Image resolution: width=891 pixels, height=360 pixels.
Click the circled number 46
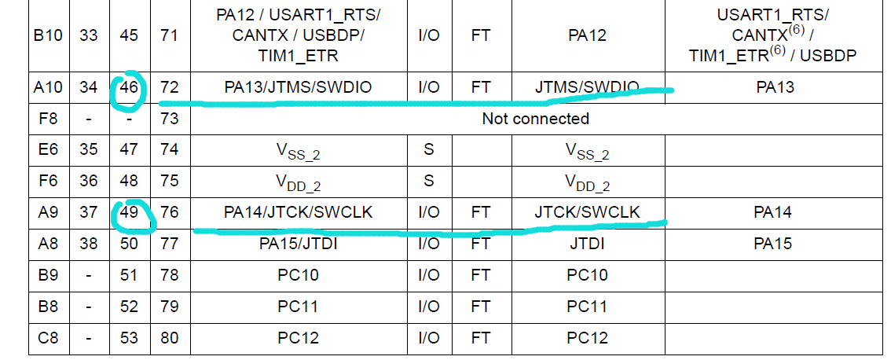coord(129,87)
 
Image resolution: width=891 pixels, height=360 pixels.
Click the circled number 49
coord(129,213)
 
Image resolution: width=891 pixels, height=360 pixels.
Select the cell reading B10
coord(49,36)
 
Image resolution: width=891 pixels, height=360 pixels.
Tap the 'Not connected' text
coord(536,119)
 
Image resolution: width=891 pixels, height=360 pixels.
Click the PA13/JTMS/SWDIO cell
coord(298,87)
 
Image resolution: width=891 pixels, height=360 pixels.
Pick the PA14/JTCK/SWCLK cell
coord(298,213)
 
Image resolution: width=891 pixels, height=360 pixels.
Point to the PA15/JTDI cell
coord(298,244)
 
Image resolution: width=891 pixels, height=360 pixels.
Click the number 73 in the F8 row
coord(170,119)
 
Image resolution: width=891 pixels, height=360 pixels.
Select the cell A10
coord(49,87)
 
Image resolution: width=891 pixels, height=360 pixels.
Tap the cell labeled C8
coord(49,339)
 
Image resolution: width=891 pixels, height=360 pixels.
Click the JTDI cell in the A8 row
coord(587,244)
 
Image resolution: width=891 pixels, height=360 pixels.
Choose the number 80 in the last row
coord(170,339)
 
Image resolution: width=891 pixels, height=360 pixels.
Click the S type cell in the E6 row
coord(428,149)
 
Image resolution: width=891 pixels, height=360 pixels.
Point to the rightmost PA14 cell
coord(774,213)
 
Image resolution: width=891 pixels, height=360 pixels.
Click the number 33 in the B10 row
coord(89,36)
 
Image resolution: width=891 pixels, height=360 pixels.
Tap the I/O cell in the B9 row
coord(428,275)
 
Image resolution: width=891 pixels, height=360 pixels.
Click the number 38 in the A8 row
coord(89,244)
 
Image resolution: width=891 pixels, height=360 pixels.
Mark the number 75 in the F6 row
coord(170,181)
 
